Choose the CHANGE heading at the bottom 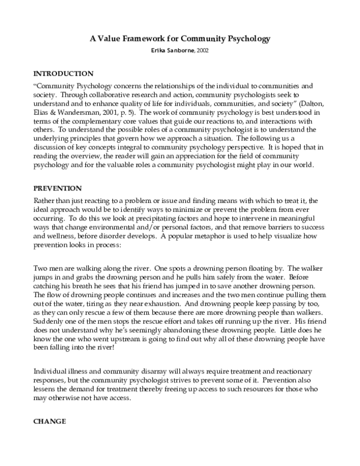click(50, 422)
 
